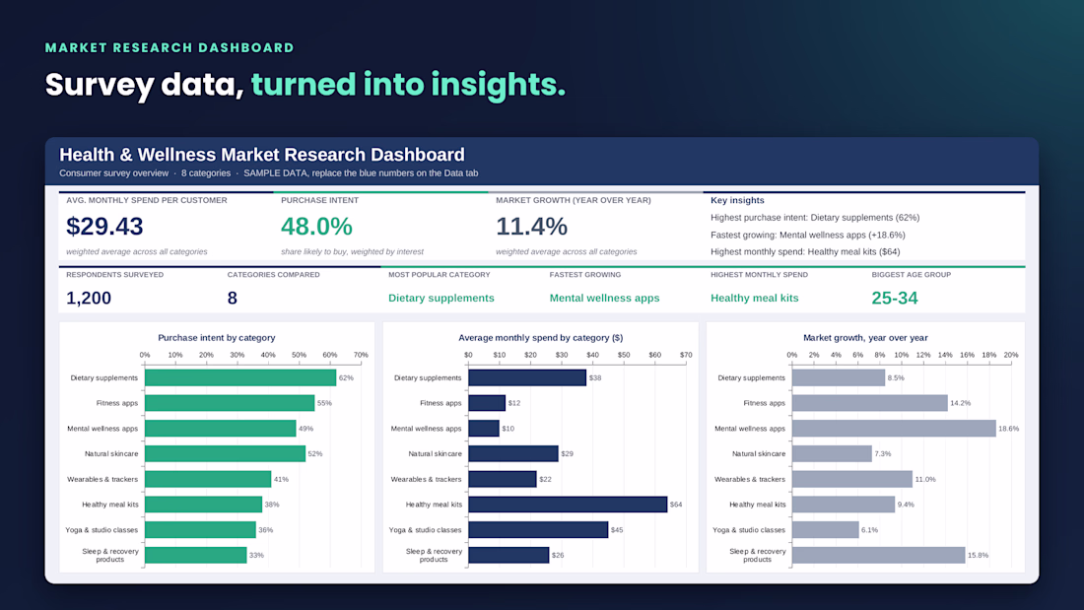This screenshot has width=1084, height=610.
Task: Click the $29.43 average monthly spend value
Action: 104,226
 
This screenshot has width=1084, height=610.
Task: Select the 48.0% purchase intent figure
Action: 316,226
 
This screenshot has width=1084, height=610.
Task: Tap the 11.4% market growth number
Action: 531,226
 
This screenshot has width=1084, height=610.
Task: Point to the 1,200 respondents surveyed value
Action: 89,298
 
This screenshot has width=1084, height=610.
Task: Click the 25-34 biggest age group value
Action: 895,298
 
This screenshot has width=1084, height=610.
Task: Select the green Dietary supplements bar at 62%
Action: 240,377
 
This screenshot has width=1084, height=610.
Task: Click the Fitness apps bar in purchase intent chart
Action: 230,403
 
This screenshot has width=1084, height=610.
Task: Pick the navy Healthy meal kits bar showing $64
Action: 568,505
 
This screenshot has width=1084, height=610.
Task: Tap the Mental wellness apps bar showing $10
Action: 484,429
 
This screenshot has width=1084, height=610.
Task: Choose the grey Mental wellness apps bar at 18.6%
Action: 894,429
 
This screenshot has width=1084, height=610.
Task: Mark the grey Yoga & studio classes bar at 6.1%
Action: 826,530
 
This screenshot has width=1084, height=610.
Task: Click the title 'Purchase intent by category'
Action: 217,337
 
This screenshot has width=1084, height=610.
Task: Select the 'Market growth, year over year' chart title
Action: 865,337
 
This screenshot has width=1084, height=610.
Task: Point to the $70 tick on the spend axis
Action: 686,355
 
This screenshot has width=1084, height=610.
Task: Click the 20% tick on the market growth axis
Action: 1011,355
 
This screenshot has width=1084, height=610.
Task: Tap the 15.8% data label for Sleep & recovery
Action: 979,556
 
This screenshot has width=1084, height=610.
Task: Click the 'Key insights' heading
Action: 738,201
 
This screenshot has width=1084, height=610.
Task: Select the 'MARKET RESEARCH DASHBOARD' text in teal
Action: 169,47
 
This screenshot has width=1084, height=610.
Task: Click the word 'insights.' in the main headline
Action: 498,85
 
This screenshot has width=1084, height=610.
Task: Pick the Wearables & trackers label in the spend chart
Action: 426,479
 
